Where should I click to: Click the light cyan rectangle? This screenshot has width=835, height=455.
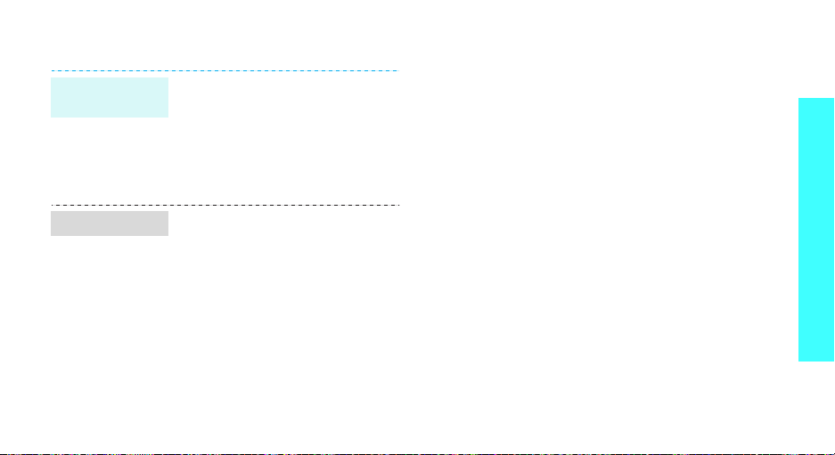110,97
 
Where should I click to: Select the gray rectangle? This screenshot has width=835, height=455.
110,223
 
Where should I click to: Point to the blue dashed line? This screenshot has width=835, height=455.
224,69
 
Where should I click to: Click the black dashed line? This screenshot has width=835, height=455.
224,205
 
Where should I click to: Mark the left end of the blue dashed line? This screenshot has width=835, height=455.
51,69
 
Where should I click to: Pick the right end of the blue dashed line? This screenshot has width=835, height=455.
397,69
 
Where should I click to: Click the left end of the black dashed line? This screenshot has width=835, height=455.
51,205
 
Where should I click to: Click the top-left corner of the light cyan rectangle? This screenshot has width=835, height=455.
51,77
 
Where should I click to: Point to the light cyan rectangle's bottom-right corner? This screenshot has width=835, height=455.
168,118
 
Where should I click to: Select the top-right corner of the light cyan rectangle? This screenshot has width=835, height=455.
168,77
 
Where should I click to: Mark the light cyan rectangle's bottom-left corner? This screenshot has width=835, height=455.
51,118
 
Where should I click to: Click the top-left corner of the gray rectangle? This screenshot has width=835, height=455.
51,211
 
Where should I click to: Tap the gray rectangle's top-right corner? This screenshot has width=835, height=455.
168,211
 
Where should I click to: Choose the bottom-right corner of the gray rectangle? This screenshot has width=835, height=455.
168,236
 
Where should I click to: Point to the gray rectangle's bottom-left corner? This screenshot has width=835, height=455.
51,236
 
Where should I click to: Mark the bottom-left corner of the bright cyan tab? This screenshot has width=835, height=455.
798,361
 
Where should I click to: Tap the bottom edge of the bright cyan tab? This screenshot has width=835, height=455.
816,361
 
